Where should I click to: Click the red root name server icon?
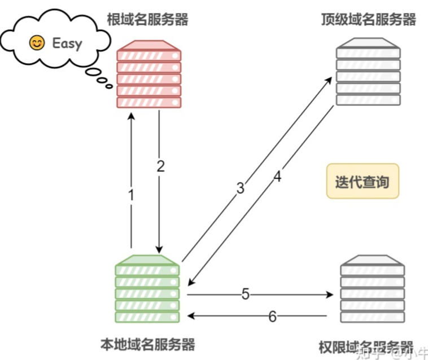(x=149, y=73)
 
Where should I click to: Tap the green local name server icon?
(x=147, y=289)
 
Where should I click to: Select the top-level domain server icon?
(x=368, y=71)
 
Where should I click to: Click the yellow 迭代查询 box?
(x=363, y=182)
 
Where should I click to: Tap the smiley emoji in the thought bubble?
(x=37, y=43)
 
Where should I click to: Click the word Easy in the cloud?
(x=67, y=43)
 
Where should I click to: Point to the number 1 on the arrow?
(x=132, y=196)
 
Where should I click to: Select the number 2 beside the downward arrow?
(x=161, y=166)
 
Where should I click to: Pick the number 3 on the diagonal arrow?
(x=241, y=188)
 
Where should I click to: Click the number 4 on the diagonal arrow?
(x=277, y=177)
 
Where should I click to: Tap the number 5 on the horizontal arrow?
(x=245, y=294)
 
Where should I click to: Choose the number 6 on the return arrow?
(x=272, y=317)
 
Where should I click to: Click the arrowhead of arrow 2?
(x=159, y=249)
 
